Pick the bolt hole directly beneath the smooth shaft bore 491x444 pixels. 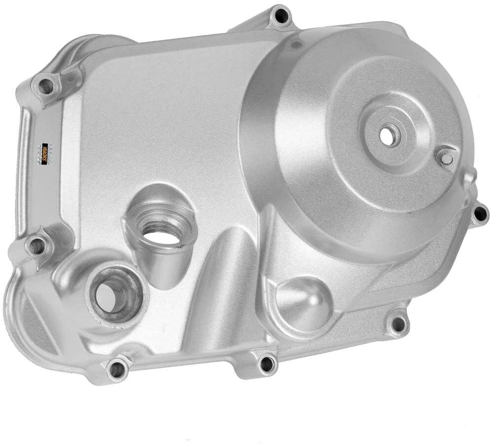coord(116,368)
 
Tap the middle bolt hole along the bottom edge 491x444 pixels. coord(266,364)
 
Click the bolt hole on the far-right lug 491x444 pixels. coord(479,214)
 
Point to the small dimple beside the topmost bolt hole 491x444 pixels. coord(295,45)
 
